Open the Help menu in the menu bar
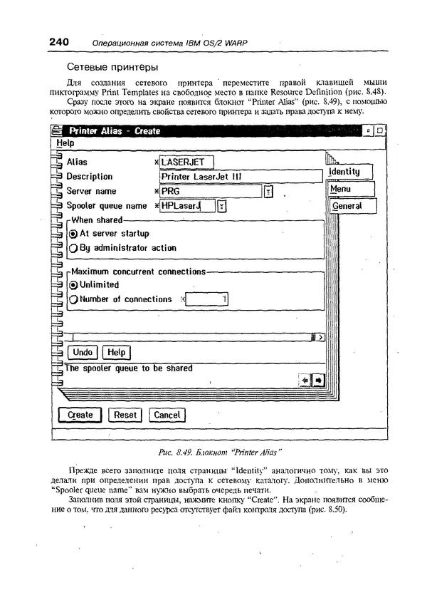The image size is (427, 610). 65,143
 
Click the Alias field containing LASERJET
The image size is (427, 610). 186,162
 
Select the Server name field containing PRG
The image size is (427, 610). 210,192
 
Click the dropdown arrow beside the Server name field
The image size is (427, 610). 268,192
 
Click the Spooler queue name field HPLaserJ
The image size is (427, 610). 186,207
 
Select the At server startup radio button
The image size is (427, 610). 73,234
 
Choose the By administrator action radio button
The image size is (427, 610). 73,249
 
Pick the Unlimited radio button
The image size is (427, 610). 73,285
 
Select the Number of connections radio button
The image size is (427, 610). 73,300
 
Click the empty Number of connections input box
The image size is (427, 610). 206,300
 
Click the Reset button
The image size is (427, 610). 125,415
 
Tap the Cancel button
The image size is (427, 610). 167,415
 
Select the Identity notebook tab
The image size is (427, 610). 351,172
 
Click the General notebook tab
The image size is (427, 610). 351,206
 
